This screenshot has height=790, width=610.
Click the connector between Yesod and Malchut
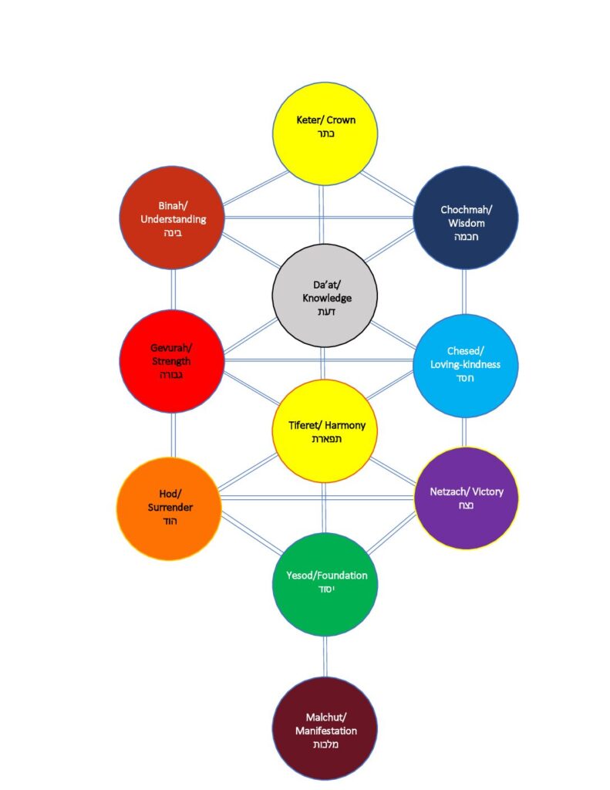tap(325, 656)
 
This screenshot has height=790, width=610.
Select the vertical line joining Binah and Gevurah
tap(173, 289)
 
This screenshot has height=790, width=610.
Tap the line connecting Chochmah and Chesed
tap(464, 292)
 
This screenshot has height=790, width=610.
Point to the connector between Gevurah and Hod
tap(173, 435)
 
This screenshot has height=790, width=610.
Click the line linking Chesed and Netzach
tap(464, 432)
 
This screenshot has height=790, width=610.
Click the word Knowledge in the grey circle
tap(325, 298)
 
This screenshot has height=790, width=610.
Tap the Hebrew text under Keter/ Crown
tap(325, 134)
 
